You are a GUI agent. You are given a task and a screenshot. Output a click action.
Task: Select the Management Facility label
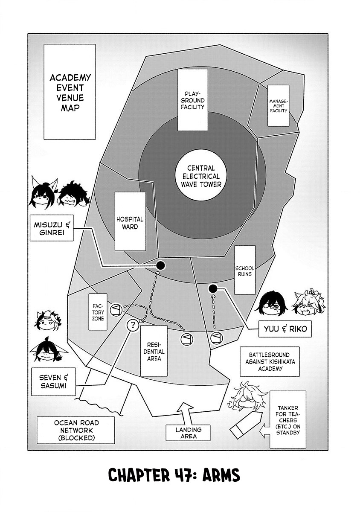278,105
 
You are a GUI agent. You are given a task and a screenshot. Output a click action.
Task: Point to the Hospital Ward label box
130,221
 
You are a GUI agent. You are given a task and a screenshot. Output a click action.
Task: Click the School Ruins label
245,270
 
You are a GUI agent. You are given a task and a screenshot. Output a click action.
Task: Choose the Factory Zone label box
96,312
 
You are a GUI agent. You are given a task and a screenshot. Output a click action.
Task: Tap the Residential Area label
153,348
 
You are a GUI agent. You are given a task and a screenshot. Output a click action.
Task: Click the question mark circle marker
133,326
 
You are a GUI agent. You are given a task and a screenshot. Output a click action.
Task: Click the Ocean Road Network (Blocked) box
76,430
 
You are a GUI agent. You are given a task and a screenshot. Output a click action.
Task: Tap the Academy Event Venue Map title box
70,92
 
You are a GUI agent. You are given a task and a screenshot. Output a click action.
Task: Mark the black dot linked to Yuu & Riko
213,289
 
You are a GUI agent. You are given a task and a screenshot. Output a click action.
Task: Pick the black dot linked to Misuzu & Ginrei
160,266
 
